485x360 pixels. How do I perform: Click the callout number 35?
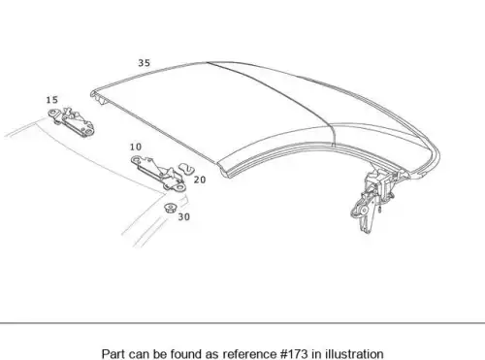[145, 63]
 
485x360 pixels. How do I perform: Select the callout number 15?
[52, 100]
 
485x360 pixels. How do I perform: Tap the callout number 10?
[136, 147]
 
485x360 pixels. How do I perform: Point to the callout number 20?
[200, 180]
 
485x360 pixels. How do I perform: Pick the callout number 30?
[184, 217]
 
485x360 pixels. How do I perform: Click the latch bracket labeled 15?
[72, 121]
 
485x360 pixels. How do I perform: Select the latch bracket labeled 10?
[158, 173]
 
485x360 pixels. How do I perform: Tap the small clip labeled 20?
[186, 169]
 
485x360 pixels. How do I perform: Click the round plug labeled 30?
[170, 208]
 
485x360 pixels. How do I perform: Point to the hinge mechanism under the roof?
[375, 197]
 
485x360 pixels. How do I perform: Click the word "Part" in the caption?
[113, 354]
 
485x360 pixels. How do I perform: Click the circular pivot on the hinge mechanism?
[364, 211]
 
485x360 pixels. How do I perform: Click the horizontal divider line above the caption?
[242, 323]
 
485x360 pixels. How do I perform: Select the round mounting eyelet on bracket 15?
[52, 114]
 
